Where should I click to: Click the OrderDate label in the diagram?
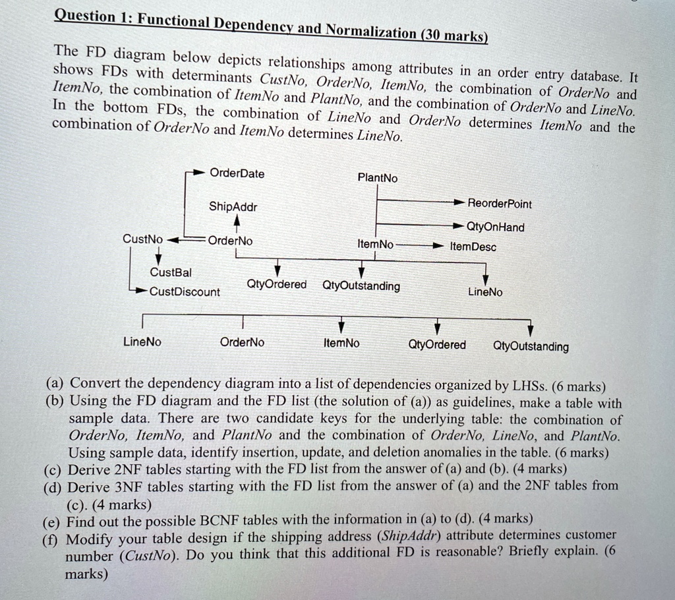(x=237, y=173)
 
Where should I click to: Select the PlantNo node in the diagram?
(x=378, y=178)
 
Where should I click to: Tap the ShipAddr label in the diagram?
(x=233, y=207)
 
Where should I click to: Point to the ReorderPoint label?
(x=500, y=204)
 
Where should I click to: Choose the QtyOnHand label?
(x=496, y=227)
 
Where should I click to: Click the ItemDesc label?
(x=473, y=247)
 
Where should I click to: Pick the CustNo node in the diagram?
(x=142, y=238)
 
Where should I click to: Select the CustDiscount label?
(x=185, y=291)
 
